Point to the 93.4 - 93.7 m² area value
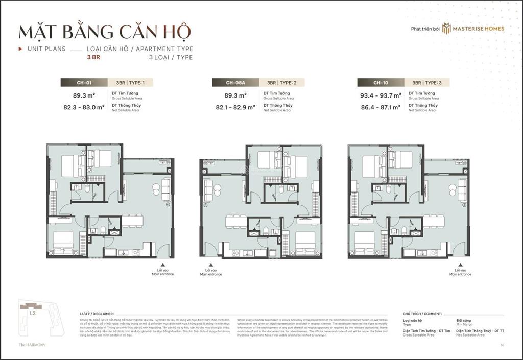tap(380, 95)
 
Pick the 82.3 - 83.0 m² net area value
tap(84, 107)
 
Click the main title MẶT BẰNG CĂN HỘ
tap(105, 32)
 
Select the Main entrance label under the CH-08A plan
tap(211, 274)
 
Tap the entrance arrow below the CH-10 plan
tap(460, 266)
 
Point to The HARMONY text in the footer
tap(32, 345)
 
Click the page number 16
tap(503, 345)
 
